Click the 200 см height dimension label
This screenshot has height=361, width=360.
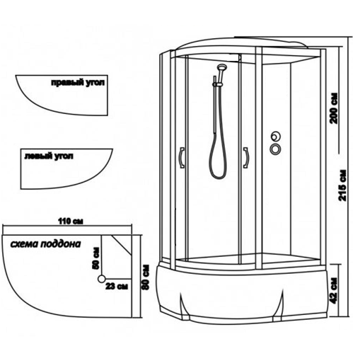coord(334,108)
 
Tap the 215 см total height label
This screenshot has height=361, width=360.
coord(342,185)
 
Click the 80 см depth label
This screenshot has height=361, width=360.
coord(145,277)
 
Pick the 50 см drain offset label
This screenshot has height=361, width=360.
coord(95,258)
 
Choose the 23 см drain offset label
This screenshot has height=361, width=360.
coord(117,286)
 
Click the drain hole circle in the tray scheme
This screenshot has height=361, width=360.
coord(102,279)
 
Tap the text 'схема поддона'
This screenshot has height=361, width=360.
coord(45,244)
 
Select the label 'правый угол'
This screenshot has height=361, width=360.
coord(78,83)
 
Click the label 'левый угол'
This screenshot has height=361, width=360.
coord(49,156)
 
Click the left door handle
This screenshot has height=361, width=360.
coord(182,158)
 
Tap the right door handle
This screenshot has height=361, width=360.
coord(245,158)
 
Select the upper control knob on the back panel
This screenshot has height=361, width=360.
coord(275,137)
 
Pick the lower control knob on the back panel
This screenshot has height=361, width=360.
coord(275,149)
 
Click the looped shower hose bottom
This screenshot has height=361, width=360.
coord(218,178)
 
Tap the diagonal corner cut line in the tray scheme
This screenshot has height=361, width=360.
coord(122,246)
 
